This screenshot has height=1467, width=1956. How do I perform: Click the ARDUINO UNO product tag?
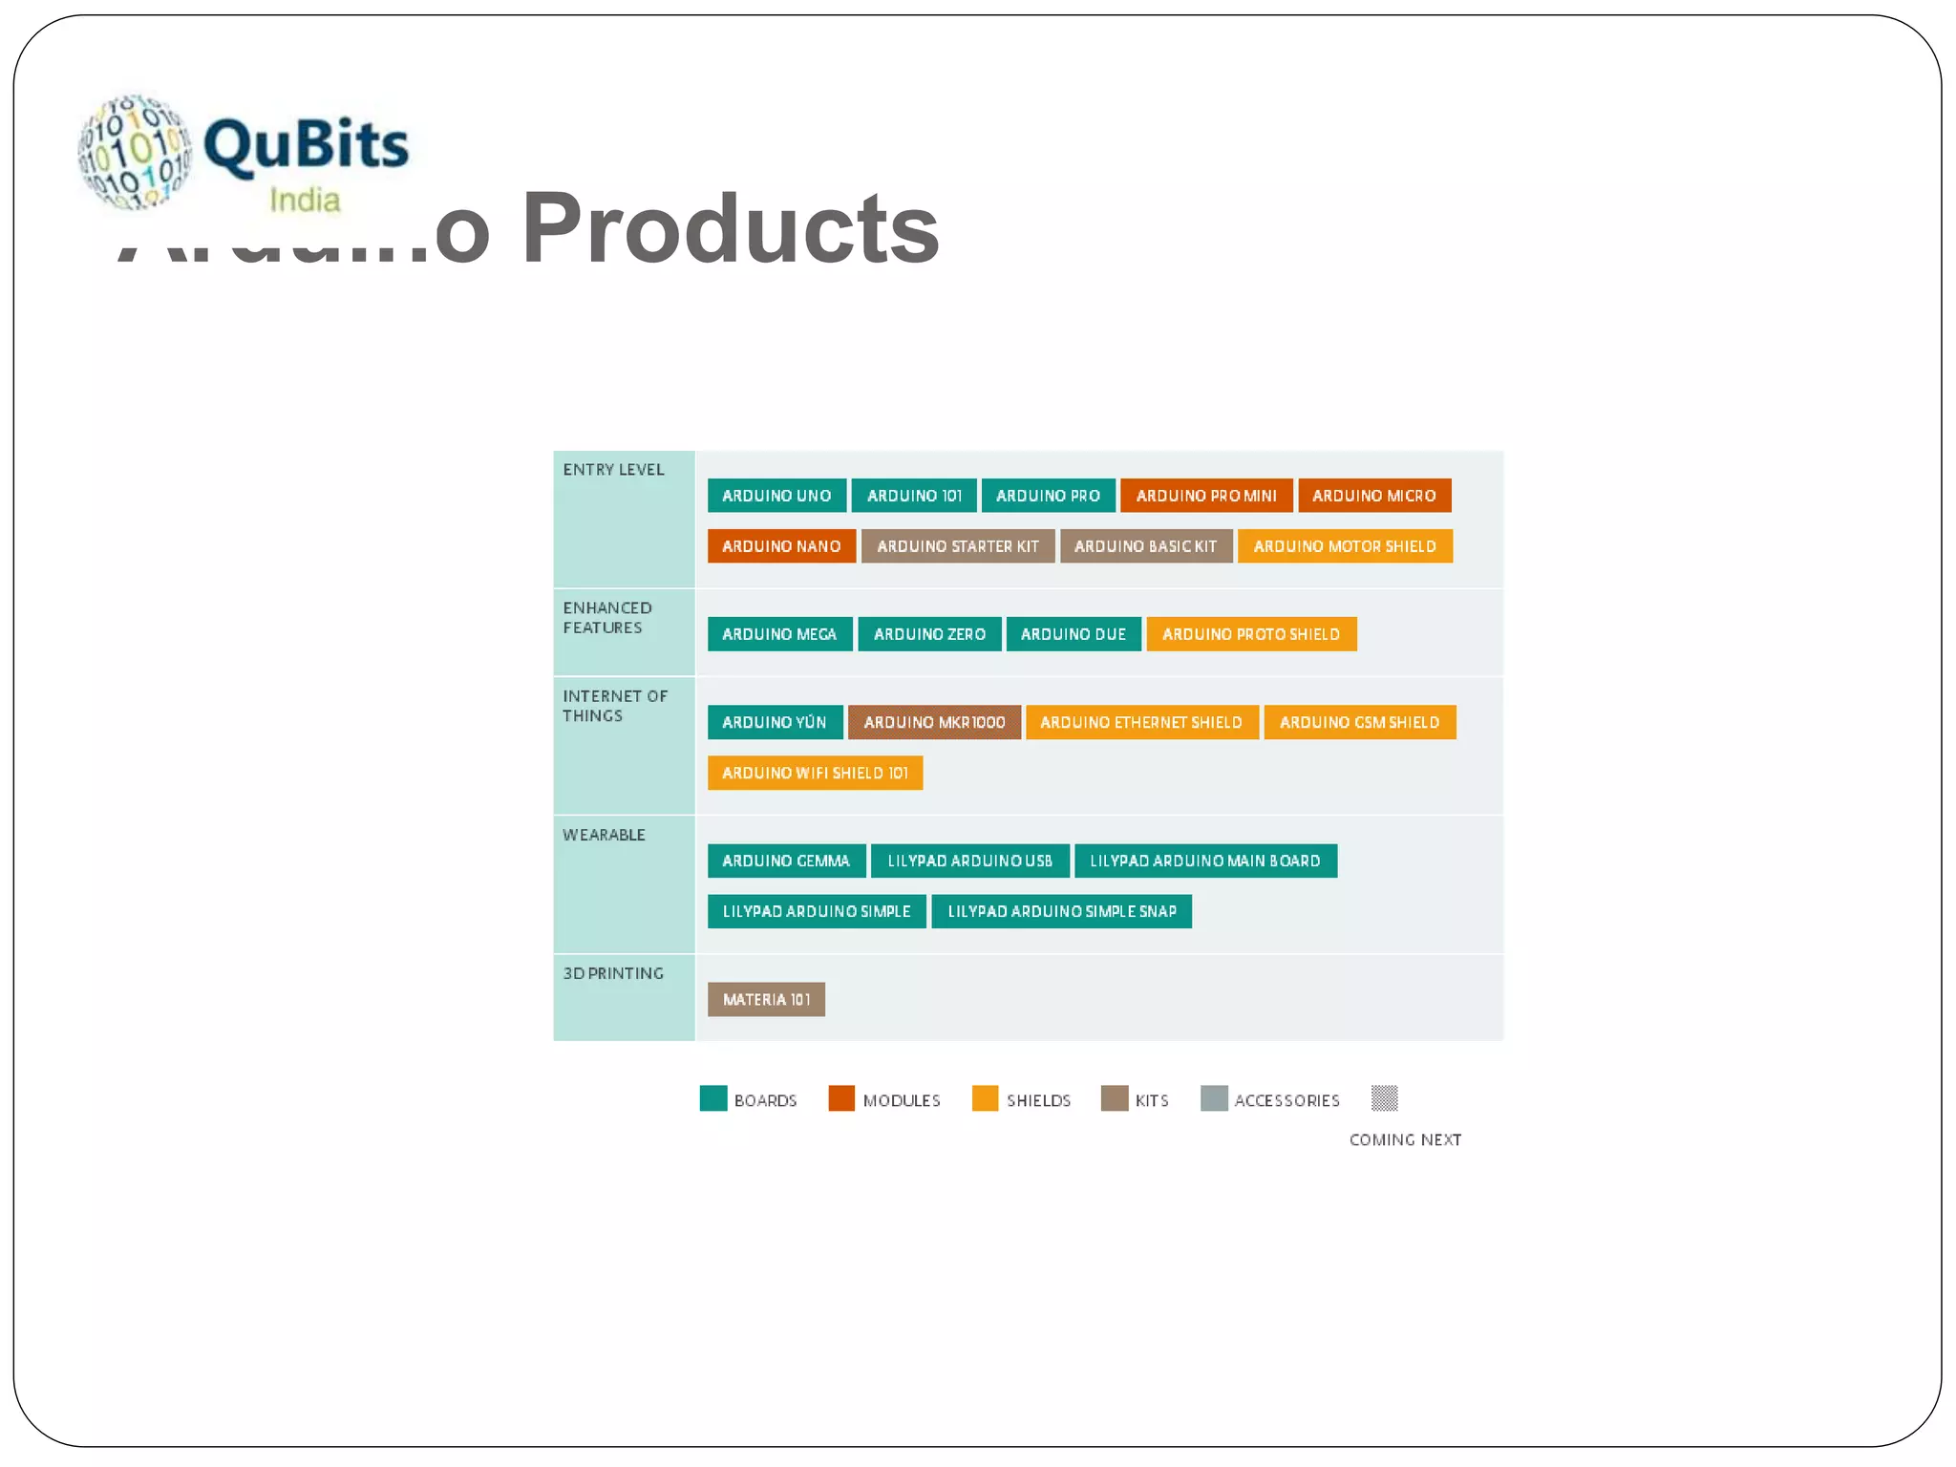point(776,496)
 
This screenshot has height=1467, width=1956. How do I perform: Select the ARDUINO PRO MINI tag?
point(1205,496)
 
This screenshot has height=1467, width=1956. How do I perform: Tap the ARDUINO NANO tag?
point(780,546)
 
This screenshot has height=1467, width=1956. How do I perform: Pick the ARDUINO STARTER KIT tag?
point(957,546)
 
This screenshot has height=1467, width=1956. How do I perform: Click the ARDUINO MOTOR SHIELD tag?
point(1344,546)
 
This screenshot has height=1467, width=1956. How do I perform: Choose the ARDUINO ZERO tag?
point(928,634)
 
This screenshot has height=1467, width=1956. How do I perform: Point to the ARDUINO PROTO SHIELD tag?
point(1250,634)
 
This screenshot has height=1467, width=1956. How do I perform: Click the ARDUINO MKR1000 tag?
point(933,722)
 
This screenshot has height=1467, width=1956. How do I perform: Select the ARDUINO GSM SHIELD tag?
point(1358,722)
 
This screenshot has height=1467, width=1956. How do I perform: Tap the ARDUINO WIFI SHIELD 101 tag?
point(814,773)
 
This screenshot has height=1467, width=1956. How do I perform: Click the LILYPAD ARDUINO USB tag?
point(969,861)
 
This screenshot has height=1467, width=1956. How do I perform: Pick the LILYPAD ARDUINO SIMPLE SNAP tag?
point(1060,911)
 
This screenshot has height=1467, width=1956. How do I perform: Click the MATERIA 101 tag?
point(765,999)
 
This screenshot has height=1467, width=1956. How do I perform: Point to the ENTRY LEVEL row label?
point(613,470)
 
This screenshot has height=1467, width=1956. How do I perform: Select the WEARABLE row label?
point(604,835)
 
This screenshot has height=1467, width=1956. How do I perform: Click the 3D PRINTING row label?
point(612,973)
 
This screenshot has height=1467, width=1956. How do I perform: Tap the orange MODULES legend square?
point(840,1098)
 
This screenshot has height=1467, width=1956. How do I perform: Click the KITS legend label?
point(1151,1100)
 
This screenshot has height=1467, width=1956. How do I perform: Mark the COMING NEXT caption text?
point(1404,1139)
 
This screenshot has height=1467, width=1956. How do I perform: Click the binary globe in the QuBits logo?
point(135,151)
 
